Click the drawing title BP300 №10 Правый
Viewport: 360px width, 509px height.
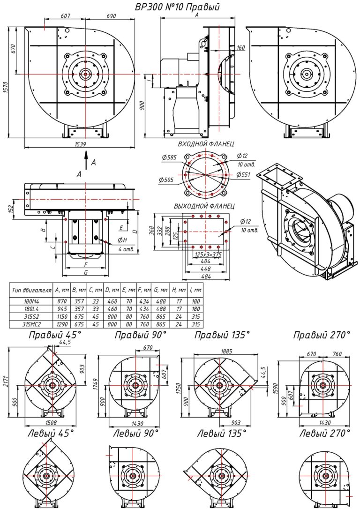click(x=177, y=7)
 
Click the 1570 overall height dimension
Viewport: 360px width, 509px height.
click(x=6, y=83)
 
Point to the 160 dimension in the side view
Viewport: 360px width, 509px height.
click(x=240, y=48)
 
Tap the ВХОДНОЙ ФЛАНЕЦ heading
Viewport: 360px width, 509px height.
click(x=206, y=144)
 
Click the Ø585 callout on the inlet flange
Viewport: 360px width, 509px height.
click(x=169, y=158)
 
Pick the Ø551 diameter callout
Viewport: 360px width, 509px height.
click(x=244, y=174)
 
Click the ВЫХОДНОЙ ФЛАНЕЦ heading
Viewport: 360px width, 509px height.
click(x=204, y=206)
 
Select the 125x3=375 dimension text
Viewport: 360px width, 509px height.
click(x=208, y=254)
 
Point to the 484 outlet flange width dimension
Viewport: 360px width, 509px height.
click(x=206, y=277)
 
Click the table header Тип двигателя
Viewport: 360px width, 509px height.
click(x=31, y=290)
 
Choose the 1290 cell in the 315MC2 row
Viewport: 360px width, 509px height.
click(x=62, y=324)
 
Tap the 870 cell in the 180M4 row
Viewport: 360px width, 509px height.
click(x=62, y=301)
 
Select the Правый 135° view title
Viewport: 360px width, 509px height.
click(x=222, y=335)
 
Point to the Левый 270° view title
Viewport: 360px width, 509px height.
click(x=325, y=433)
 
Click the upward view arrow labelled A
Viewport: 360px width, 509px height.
click(x=86, y=161)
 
